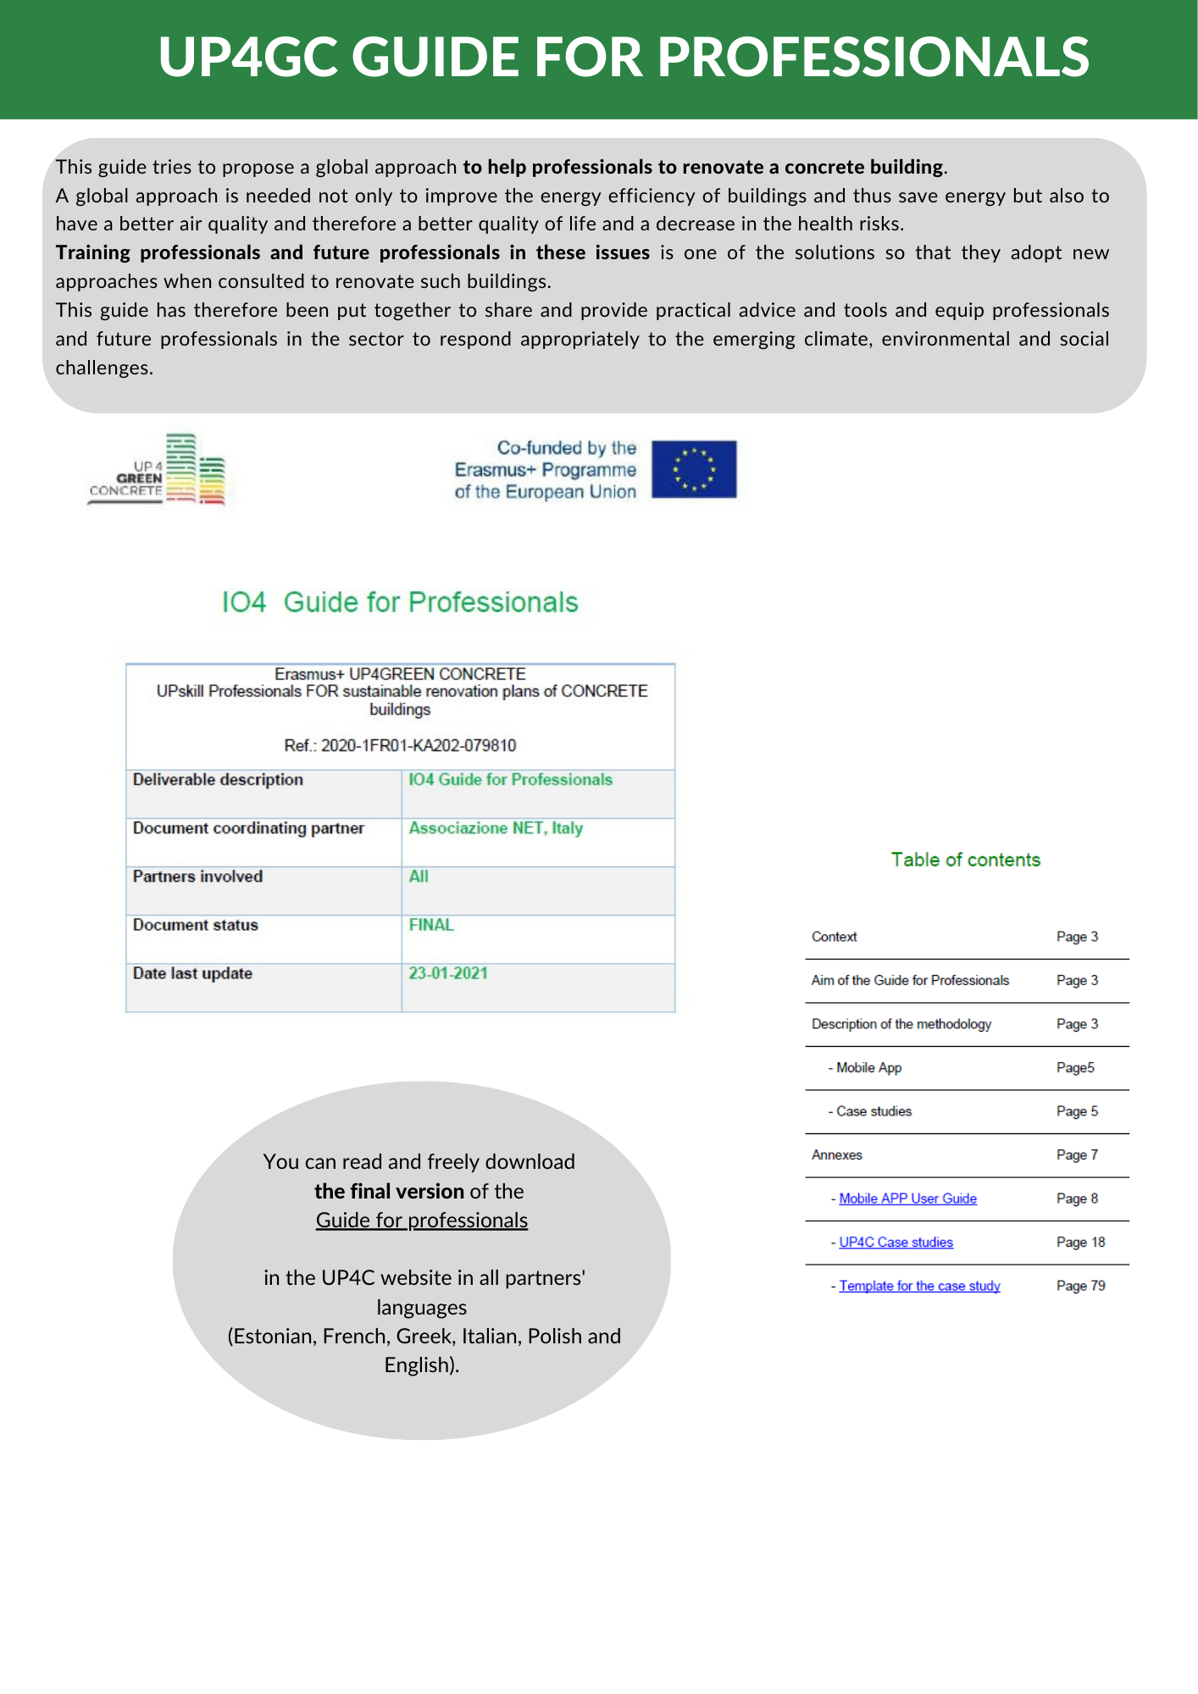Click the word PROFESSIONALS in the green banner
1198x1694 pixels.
[873, 58]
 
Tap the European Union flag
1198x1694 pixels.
[693, 469]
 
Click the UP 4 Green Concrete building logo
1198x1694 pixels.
[159, 471]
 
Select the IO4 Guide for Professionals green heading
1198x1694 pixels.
[400, 602]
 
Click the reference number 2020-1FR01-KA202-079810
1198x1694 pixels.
[419, 745]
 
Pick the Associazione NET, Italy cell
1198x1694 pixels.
[496, 828]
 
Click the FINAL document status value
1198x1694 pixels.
[431, 925]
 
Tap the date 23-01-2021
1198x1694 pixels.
[448, 973]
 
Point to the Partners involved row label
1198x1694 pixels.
[197, 877]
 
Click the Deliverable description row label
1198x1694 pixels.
[218, 780]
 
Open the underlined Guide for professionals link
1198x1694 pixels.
[422, 1221]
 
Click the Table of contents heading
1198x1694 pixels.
[965, 860]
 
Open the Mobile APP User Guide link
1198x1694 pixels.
[907, 1199]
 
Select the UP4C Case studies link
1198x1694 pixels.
[896, 1243]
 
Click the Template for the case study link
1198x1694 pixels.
[919, 1286]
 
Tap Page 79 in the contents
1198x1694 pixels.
[1080, 1286]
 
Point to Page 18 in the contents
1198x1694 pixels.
[1080, 1243]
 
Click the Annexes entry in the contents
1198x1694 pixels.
[837, 1155]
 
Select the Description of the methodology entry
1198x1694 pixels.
[901, 1024]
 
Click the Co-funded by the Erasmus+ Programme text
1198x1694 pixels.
[546, 470]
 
